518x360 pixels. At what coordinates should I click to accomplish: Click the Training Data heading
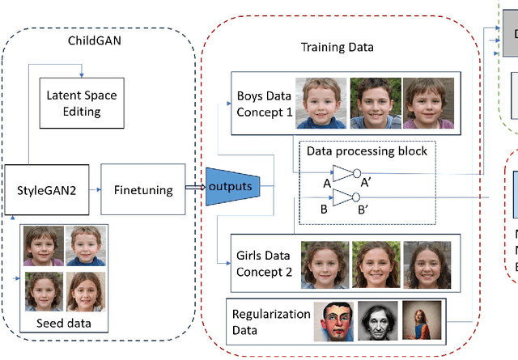(x=338, y=48)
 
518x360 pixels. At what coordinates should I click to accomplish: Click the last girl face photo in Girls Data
(x=427, y=265)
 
